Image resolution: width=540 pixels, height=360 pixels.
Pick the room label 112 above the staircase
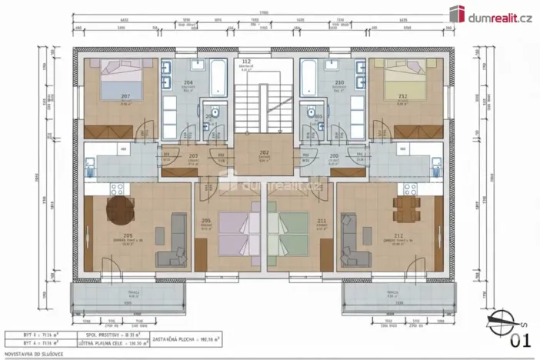pyautogui.click(x=246, y=62)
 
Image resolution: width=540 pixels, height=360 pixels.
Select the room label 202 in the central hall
pyautogui.click(x=263, y=153)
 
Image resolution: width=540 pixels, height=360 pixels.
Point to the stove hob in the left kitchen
pyautogui.click(x=118, y=188)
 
